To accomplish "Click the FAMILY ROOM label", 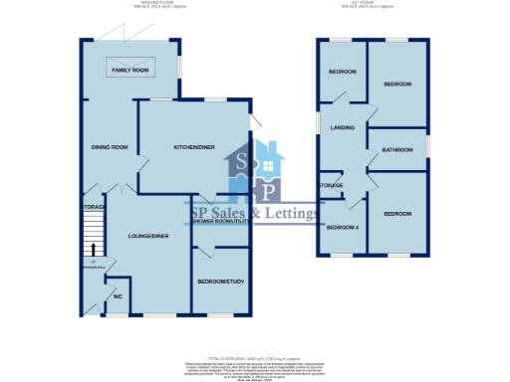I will (129, 72).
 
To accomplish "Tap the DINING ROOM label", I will (111, 147).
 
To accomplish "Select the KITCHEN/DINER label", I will (194, 147).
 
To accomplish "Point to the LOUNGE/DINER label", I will (146, 236).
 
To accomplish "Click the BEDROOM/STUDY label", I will (220, 282).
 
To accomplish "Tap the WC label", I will (118, 296).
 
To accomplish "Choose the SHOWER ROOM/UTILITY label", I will (220, 221).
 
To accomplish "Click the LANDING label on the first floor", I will (344, 127).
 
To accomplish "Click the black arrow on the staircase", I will (95, 250).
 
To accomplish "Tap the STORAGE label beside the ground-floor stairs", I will (93, 206).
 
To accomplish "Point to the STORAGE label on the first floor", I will (331, 185).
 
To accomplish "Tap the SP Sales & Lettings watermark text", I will (255, 212).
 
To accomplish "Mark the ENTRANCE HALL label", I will (95, 263).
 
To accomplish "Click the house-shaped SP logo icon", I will (255, 171).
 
